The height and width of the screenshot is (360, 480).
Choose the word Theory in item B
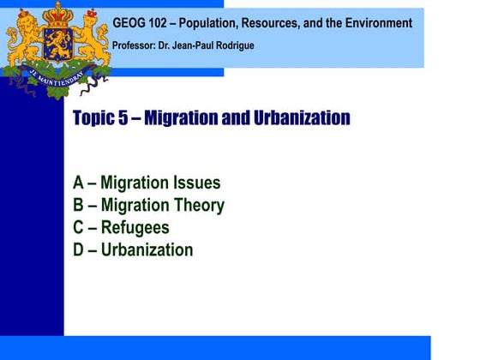[x=196, y=206]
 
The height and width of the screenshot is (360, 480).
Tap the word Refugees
[x=135, y=228]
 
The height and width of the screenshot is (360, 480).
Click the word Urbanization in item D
[x=147, y=250]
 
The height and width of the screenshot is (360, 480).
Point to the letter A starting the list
[x=80, y=183]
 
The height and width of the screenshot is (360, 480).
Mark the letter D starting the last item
[x=80, y=250]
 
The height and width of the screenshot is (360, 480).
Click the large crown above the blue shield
[x=58, y=15]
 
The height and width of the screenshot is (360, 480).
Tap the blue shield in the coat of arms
[x=57, y=47]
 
